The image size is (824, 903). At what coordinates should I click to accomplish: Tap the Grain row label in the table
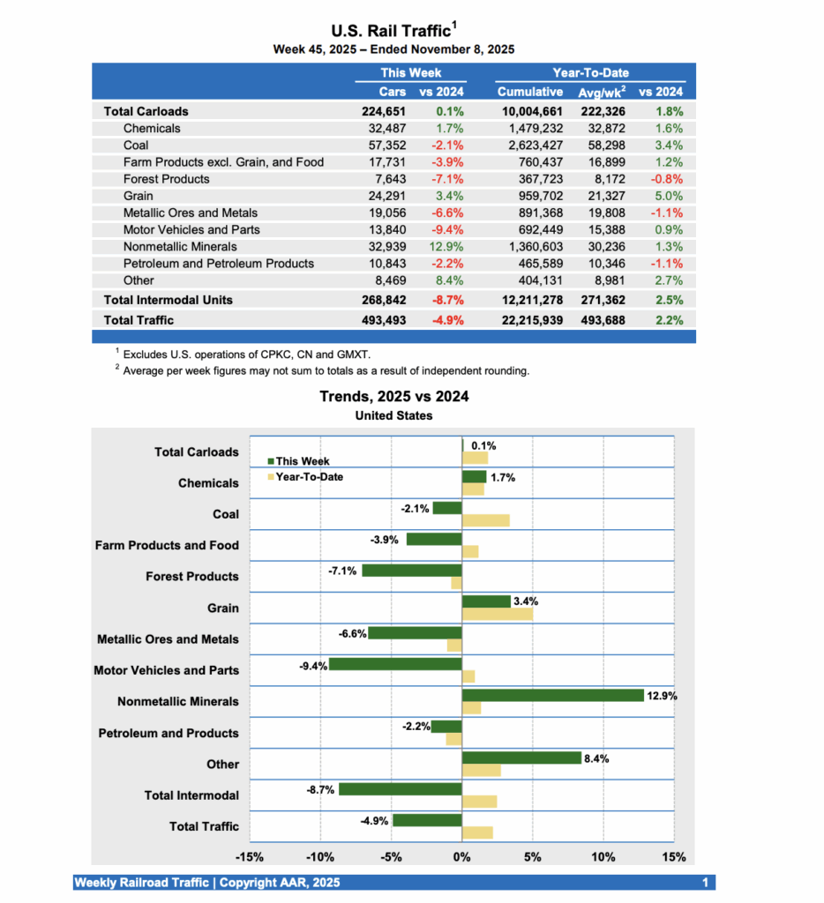pos(138,196)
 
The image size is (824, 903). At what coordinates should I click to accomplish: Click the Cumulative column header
pos(529,92)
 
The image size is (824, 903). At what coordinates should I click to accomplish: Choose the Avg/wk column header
pos(603,92)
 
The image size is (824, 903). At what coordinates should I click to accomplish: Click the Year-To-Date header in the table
pos(590,73)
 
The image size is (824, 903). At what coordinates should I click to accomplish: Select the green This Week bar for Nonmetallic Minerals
pos(553,696)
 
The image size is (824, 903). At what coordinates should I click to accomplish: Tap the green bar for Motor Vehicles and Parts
pos(396,664)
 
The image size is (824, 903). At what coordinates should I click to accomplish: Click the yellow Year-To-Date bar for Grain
pos(498,614)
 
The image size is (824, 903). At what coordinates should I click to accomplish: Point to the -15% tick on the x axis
pos(251,857)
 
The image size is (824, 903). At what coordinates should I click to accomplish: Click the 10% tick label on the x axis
pos(603,857)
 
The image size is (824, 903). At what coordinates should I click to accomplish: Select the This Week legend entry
pos(300,461)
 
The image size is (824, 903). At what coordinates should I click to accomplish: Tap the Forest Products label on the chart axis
pos(192,577)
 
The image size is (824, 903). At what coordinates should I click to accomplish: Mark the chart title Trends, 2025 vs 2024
pos(393,397)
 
